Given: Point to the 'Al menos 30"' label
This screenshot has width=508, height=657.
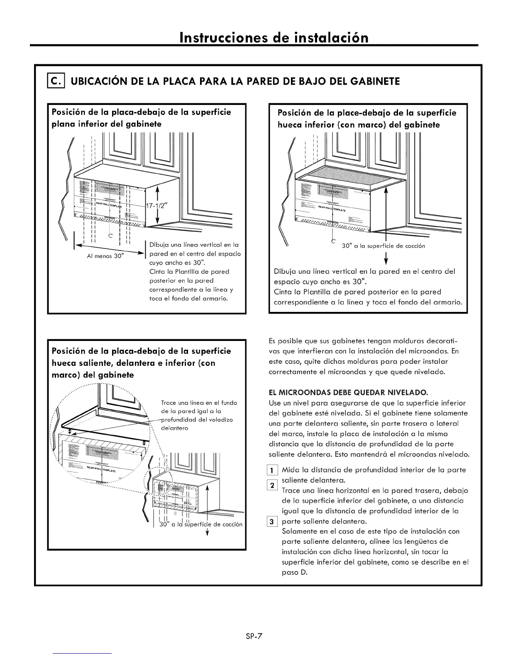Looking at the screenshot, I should point(105,255).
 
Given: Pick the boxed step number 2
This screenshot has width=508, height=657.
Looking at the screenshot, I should point(272,485).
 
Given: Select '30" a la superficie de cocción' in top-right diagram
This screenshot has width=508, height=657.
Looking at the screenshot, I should point(383,246).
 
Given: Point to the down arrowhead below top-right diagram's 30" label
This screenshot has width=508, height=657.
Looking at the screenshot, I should point(386,261).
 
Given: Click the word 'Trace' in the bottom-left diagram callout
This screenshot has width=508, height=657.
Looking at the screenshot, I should point(169,403).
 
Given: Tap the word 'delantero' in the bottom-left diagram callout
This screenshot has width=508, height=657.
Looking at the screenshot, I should point(174,428).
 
